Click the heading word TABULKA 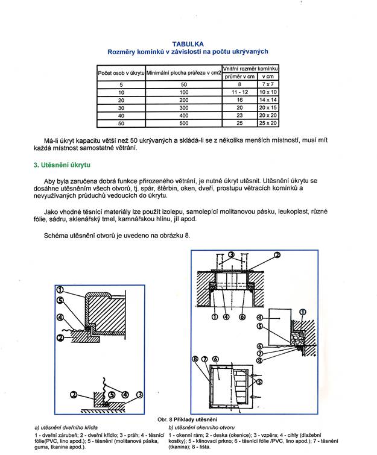pos(188,44)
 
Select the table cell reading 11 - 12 pos(239,92)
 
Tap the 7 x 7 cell pos(267,84)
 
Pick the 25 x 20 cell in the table pos(267,123)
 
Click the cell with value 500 pos(183,123)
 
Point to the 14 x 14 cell pos(267,100)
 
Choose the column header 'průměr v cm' pos(239,77)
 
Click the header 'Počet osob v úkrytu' pos(121,73)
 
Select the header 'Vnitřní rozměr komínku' pos(250,69)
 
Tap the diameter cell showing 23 pos(239,115)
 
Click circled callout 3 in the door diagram pos(140,394)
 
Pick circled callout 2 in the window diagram pos(278,255)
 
